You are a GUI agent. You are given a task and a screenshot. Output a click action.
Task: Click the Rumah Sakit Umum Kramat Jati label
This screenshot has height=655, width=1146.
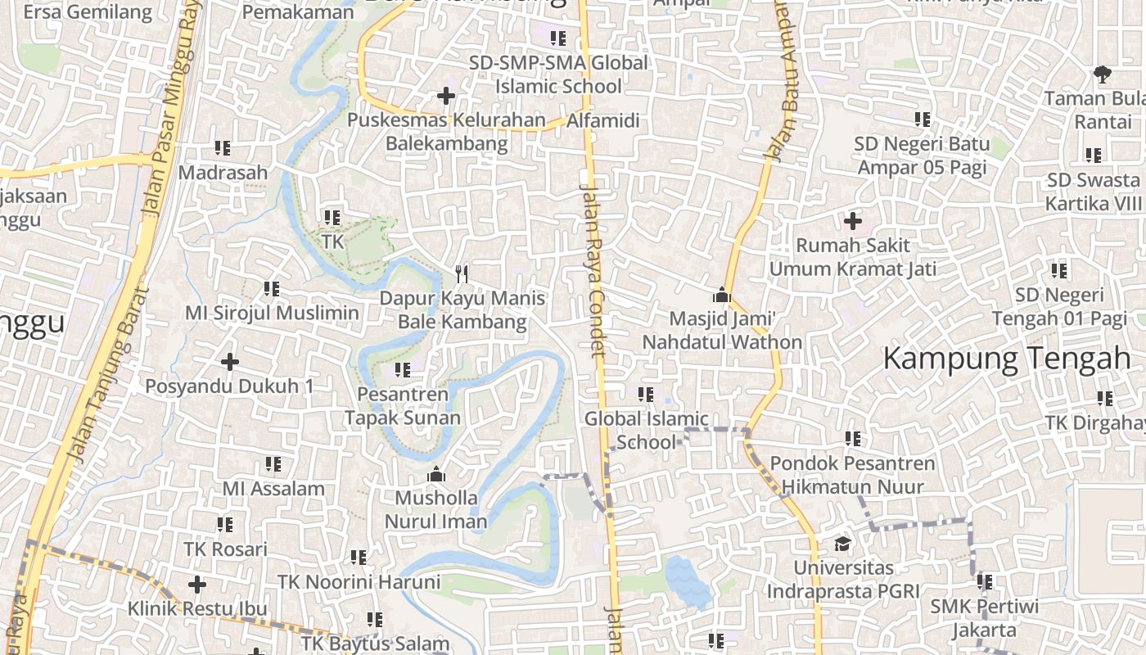pos(853,257)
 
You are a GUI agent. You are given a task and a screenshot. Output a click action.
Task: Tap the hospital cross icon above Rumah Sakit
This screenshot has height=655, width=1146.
pos(853,221)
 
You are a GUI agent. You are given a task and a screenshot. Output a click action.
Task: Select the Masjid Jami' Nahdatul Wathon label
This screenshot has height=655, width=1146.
pos(722,330)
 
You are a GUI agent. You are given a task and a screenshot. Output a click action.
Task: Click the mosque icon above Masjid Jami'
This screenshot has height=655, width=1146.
pos(722,295)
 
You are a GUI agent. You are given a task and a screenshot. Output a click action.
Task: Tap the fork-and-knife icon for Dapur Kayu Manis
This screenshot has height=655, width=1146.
pos(462,273)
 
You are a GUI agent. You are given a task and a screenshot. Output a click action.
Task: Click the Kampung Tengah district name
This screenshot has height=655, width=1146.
pos(1007,359)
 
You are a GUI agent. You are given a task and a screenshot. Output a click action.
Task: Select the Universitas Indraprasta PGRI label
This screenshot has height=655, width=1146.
pos(843,579)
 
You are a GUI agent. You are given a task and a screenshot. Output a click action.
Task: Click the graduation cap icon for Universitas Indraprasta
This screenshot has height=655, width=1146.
pos(842,544)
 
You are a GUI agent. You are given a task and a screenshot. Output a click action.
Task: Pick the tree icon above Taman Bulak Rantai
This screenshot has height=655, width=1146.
pos(1102,75)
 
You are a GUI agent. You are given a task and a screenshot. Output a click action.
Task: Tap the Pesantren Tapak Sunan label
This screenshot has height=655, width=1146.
pos(403,406)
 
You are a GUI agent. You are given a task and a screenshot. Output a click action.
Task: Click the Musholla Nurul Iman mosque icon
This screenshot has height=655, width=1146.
pos(436,475)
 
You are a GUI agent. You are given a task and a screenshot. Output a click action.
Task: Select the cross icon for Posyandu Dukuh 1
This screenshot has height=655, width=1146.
pos(230,361)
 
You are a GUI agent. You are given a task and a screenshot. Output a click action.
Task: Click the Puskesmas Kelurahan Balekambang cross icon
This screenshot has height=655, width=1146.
pos(446,97)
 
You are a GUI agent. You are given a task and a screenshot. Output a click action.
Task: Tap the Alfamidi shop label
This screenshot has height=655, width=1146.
pos(603,121)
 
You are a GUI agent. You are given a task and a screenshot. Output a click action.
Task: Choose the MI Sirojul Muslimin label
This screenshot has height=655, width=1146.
pos(272,313)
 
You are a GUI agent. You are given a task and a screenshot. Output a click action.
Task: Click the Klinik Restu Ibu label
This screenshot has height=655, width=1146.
pos(197,609)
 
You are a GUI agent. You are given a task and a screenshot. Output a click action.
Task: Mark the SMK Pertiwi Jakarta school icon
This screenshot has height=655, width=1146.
pos(984,582)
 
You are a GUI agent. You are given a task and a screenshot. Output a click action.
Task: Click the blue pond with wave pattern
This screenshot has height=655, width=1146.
pos(687,581)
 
